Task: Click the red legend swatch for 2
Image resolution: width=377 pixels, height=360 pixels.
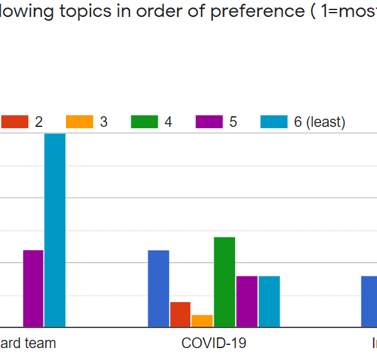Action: click(15, 122)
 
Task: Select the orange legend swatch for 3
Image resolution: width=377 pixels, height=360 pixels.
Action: click(80, 122)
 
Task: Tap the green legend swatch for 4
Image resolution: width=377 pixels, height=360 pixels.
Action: click(145, 122)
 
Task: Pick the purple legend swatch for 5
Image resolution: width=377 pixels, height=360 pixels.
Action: click(209, 122)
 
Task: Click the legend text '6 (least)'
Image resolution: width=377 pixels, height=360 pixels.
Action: click(319, 122)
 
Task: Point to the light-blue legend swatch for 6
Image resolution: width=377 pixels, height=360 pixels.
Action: click(274, 122)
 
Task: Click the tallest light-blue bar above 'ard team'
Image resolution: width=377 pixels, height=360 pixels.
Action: click(55, 230)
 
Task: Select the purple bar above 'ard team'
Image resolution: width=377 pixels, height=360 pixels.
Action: click(33, 288)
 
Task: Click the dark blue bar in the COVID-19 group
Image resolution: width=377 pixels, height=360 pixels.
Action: click(158, 288)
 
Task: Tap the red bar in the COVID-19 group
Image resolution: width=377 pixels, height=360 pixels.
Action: click(180, 314)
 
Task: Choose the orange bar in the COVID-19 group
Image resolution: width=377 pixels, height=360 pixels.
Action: click(202, 320)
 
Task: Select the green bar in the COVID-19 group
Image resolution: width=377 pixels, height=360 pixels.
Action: click(224, 281)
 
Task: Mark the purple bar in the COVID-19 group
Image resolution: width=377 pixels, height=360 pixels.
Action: click(247, 301)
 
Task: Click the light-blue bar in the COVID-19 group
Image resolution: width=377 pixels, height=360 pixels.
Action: click(269, 301)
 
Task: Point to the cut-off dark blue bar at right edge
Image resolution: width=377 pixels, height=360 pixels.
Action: click(369, 301)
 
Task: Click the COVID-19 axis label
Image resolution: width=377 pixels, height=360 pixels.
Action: click(214, 343)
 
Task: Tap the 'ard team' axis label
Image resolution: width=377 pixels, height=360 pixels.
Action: click(28, 343)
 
